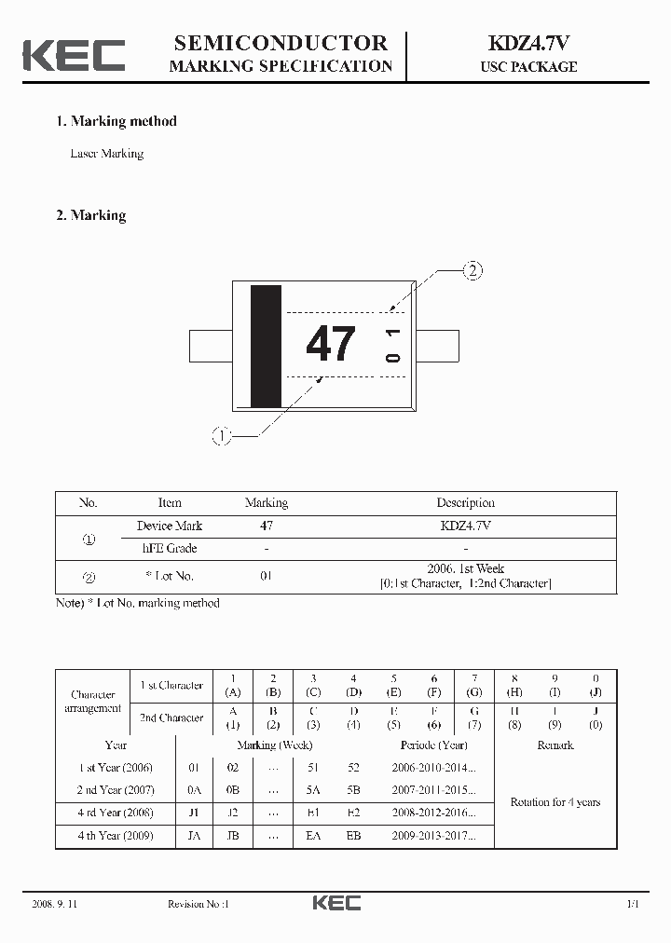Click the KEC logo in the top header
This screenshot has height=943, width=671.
coord(74,55)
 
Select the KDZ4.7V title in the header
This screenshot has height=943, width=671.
coord(527,43)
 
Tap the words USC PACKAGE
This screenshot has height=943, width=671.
coord(528,67)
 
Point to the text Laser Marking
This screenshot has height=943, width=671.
coord(107,154)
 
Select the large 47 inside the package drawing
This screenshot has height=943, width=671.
coord(331,344)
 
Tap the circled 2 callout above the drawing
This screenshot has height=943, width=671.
coord(473,271)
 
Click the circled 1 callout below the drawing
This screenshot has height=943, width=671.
coord(221,435)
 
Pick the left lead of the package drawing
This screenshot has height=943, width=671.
coord(211,345)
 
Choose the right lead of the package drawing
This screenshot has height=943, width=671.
coord(436,345)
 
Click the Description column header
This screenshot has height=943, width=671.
coord(465,503)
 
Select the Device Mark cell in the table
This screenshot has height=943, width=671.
coord(170,526)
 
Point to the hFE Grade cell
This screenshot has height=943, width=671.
coord(170,549)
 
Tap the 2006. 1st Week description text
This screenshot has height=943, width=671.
coord(465,568)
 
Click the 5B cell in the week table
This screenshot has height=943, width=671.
coord(353,790)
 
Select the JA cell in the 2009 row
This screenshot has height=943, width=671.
coord(194,836)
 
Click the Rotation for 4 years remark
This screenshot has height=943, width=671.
coord(555,802)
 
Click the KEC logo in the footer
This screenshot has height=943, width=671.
coord(335,903)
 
